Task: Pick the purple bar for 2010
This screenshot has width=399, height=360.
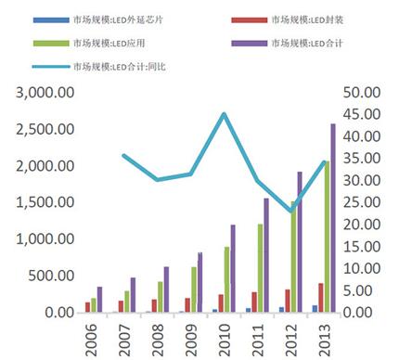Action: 233,269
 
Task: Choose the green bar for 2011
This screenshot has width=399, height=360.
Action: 260,268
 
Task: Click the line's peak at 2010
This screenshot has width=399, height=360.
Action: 224,114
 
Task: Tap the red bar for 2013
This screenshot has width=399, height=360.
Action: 320,298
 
